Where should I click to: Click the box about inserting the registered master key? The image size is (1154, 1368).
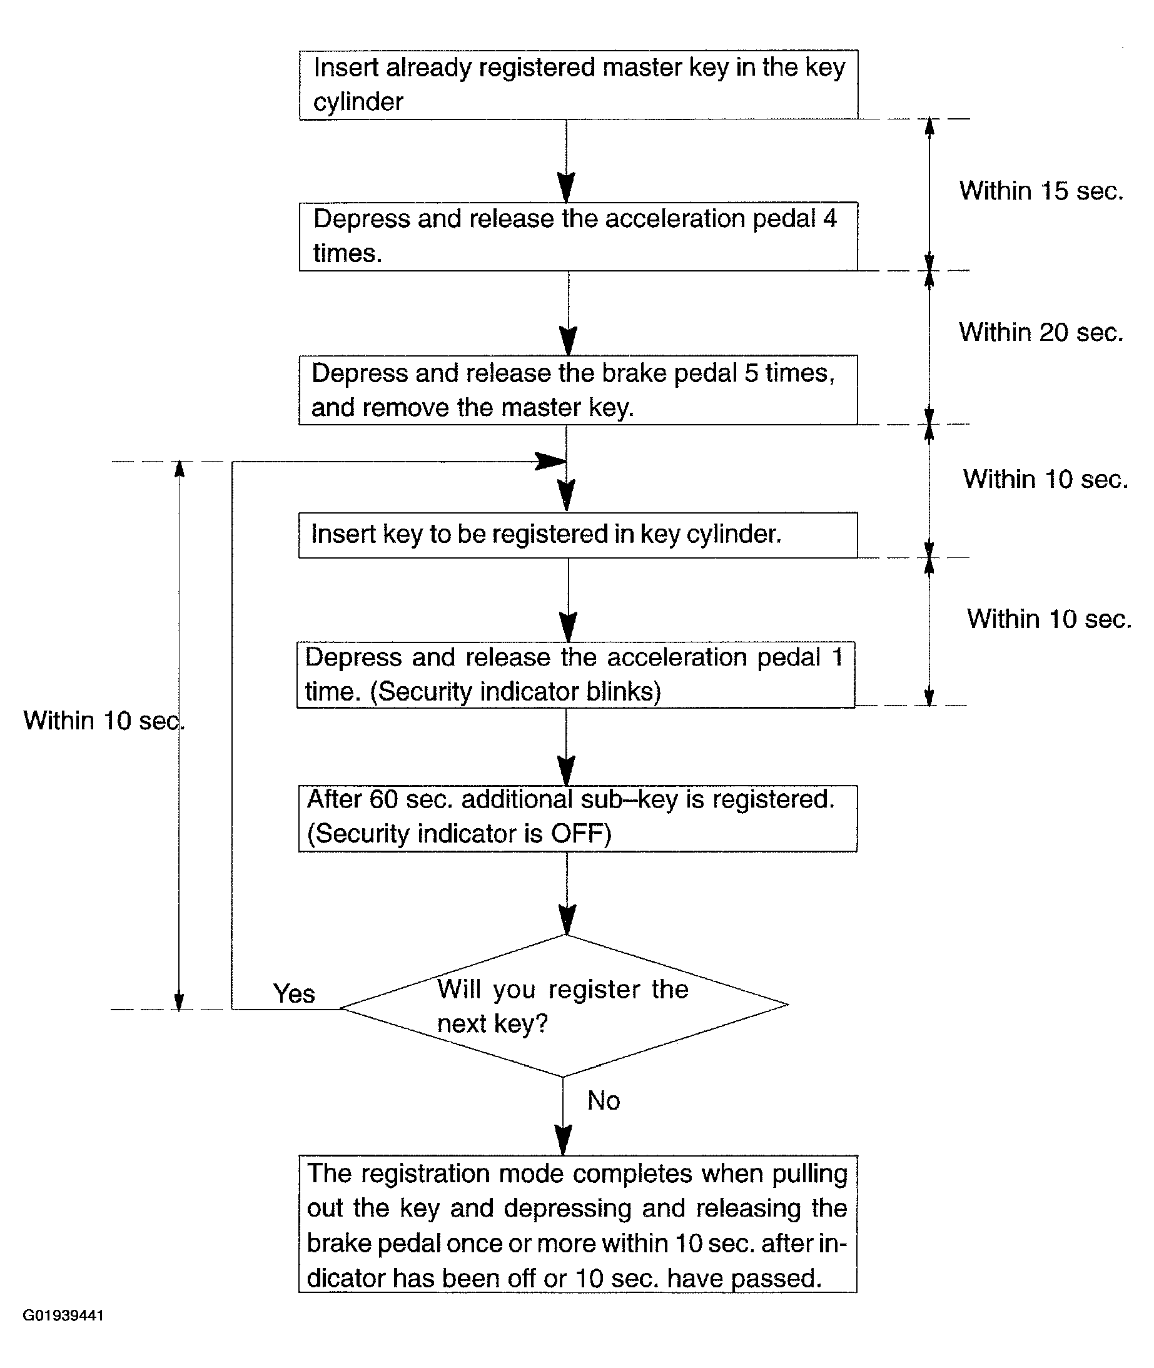(x=579, y=84)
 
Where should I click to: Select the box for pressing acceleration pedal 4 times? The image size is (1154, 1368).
(x=579, y=236)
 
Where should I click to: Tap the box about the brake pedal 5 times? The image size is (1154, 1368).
(x=579, y=390)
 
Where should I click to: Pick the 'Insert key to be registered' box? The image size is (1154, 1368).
(x=579, y=535)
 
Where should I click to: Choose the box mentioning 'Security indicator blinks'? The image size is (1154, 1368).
(x=575, y=674)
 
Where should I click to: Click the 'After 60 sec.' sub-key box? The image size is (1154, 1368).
(x=579, y=818)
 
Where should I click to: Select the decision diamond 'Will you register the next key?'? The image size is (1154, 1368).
(x=564, y=1006)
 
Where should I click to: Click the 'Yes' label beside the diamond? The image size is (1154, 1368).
(x=295, y=994)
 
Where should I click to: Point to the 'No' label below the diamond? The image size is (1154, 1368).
(x=604, y=1100)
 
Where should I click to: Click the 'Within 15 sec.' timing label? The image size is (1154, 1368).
(x=1041, y=191)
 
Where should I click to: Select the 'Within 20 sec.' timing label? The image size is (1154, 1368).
(x=1041, y=332)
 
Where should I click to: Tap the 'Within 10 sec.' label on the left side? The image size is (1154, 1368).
(x=104, y=721)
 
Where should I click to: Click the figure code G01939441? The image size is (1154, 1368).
(x=63, y=1315)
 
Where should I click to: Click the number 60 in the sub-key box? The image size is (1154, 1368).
(x=384, y=799)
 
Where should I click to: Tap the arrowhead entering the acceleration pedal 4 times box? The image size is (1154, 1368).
(x=567, y=188)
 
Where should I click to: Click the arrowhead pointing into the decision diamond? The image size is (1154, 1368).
(x=567, y=920)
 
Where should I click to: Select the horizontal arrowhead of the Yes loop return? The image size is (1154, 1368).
(x=551, y=461)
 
